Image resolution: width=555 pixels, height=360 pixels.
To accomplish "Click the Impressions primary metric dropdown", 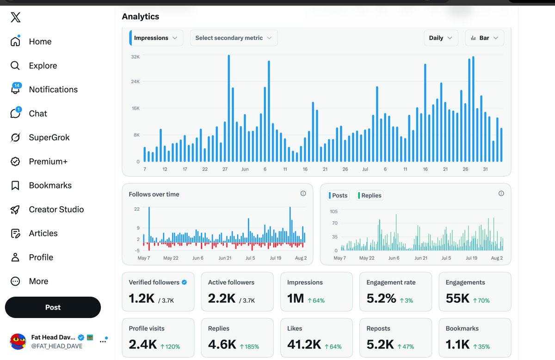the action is pos(156,38).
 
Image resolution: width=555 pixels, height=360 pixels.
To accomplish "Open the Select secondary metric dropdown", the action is pos(234,38).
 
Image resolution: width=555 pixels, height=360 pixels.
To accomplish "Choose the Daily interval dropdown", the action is pos(441,38).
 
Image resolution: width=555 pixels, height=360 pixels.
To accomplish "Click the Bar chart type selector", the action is pos(484,38).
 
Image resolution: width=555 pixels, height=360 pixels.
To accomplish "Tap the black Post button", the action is pos(53,307).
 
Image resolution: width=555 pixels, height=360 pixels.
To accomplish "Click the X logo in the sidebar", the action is pos(16,18).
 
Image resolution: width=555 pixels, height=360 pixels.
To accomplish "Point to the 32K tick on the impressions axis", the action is pos(135,57).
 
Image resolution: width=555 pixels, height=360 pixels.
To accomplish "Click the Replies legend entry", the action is pos(370,195).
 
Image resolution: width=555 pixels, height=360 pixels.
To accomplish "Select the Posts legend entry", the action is pos(338,195).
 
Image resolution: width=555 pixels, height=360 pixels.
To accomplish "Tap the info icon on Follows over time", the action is pos(303,193).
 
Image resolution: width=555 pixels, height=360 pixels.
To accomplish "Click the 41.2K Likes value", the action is pos(304,344).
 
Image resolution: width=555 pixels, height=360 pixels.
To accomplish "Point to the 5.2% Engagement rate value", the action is pos(381,299).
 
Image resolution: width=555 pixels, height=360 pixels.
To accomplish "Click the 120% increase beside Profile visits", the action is pos(170,347).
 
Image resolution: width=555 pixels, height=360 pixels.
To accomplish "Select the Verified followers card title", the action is pos(154,282).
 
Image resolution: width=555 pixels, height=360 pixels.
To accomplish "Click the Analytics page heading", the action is pos(141,16).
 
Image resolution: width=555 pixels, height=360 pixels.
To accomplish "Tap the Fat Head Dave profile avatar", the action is pos(18,342).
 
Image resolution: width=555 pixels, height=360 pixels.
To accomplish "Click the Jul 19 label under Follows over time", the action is pos(276,258).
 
